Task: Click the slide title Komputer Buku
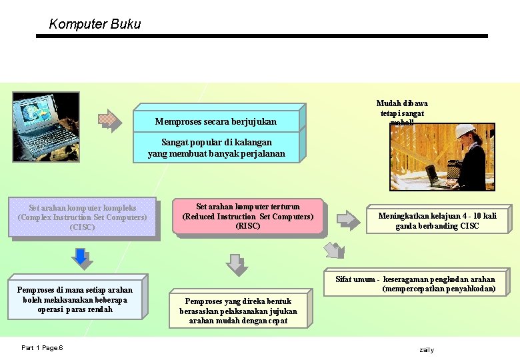pyautogui.click(x=95, y=25)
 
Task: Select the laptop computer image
pyautogui.click(x=45, y=121)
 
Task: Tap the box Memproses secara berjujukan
pyautogui.click(x=215, y=121)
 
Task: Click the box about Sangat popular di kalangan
pyautogui.click(x=216, y=147)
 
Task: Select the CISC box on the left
pyautogui.click(x=83, y=217)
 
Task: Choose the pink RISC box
pyautogui.click(x=247, y=217)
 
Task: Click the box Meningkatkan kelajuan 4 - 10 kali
pyautogui.click(x=437, y=220)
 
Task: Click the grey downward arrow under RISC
pyautogui.click(x=237, y=264)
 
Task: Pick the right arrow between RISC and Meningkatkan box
pyautogui.click(x=347, y=219)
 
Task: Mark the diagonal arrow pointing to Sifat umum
pyautogui.click(x=334, y=251)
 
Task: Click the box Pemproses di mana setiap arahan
pyautogui.click(x=75, y=299)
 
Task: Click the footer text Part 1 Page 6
pyautogui.click(x=42, y=348)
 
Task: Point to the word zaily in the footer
pyautogui.click(x=426, y=349)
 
